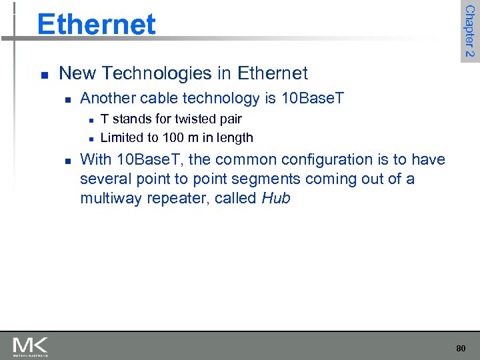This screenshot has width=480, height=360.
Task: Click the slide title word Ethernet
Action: point(96,24)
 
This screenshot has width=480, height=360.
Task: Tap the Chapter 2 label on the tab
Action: point(469,31)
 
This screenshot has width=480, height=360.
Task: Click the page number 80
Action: point(461,348)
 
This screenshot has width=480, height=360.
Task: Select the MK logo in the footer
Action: point(30,346)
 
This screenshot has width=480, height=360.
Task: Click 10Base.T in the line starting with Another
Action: point(313,99)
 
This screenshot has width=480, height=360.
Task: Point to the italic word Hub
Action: point(276,198)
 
